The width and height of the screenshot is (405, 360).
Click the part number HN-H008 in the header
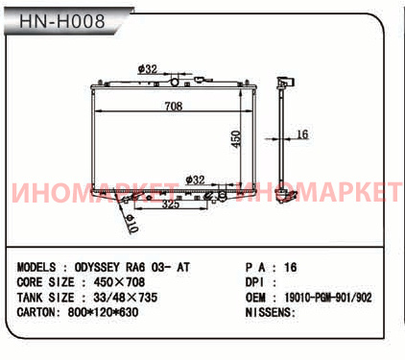[x=62, y=21]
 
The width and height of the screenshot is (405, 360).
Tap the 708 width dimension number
[x=174, y=106]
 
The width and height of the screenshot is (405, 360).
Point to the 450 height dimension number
[x=236, y=139]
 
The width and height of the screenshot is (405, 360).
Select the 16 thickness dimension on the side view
[x=302, y=134]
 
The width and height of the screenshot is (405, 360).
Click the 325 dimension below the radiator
[x=171, y=204]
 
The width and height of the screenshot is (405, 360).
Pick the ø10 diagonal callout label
[x=131, y=223]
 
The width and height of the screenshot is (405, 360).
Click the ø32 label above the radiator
[x=148, y=69]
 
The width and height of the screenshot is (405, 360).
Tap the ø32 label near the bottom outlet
[x=195, y=180]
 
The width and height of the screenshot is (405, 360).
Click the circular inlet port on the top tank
[x=175, y=82]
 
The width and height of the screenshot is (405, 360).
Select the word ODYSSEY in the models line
[x=97, y=267]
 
